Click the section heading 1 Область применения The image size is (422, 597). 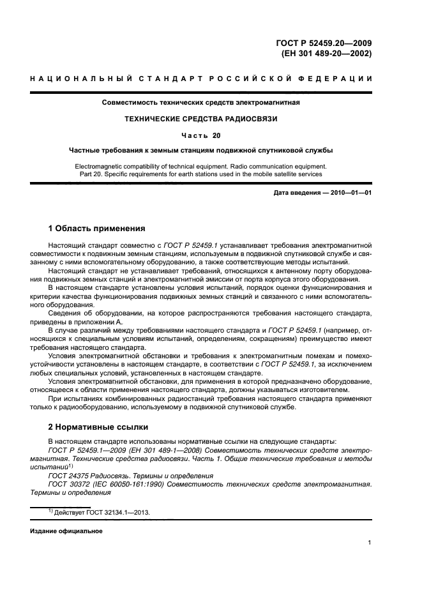[x=97, y=228]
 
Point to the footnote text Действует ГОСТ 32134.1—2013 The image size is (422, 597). [x=102, y=513]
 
